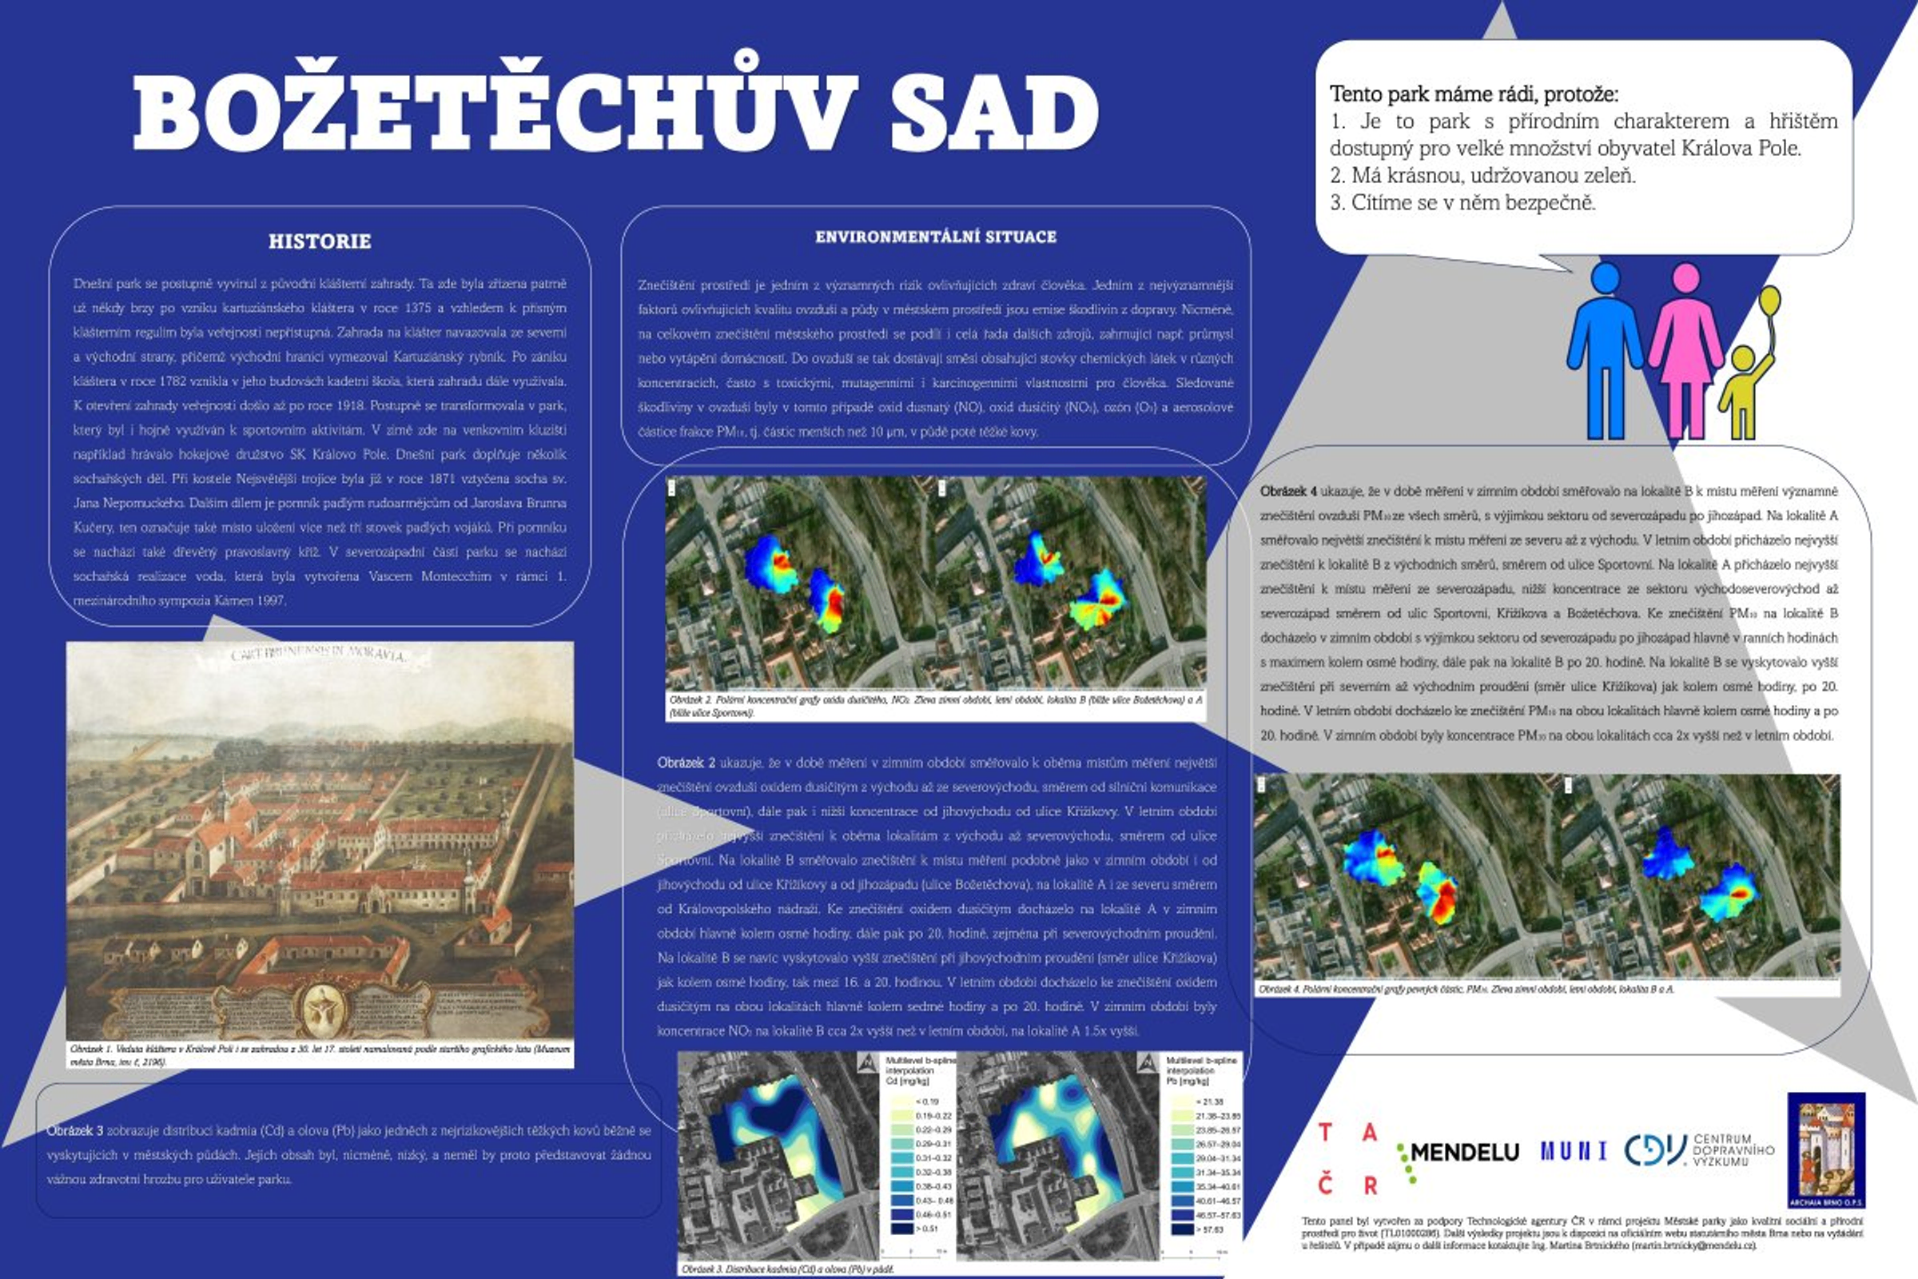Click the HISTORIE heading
(x=320, y=241)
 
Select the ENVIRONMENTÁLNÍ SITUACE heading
(x=935, y=237)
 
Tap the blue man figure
(x=1604, y=351)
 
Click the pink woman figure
(x=1685, y=351)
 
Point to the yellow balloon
(x=1769, y=301)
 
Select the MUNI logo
(x=1573, y=1151)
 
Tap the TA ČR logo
(x=1347, y=1158)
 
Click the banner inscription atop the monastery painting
(x=318, y=654)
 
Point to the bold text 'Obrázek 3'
(x=74, y=1130)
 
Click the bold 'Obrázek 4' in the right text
(x=1288, y=491)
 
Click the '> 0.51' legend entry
(x=927, y=1229)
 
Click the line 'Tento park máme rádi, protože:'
(x=1474, y=94)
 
